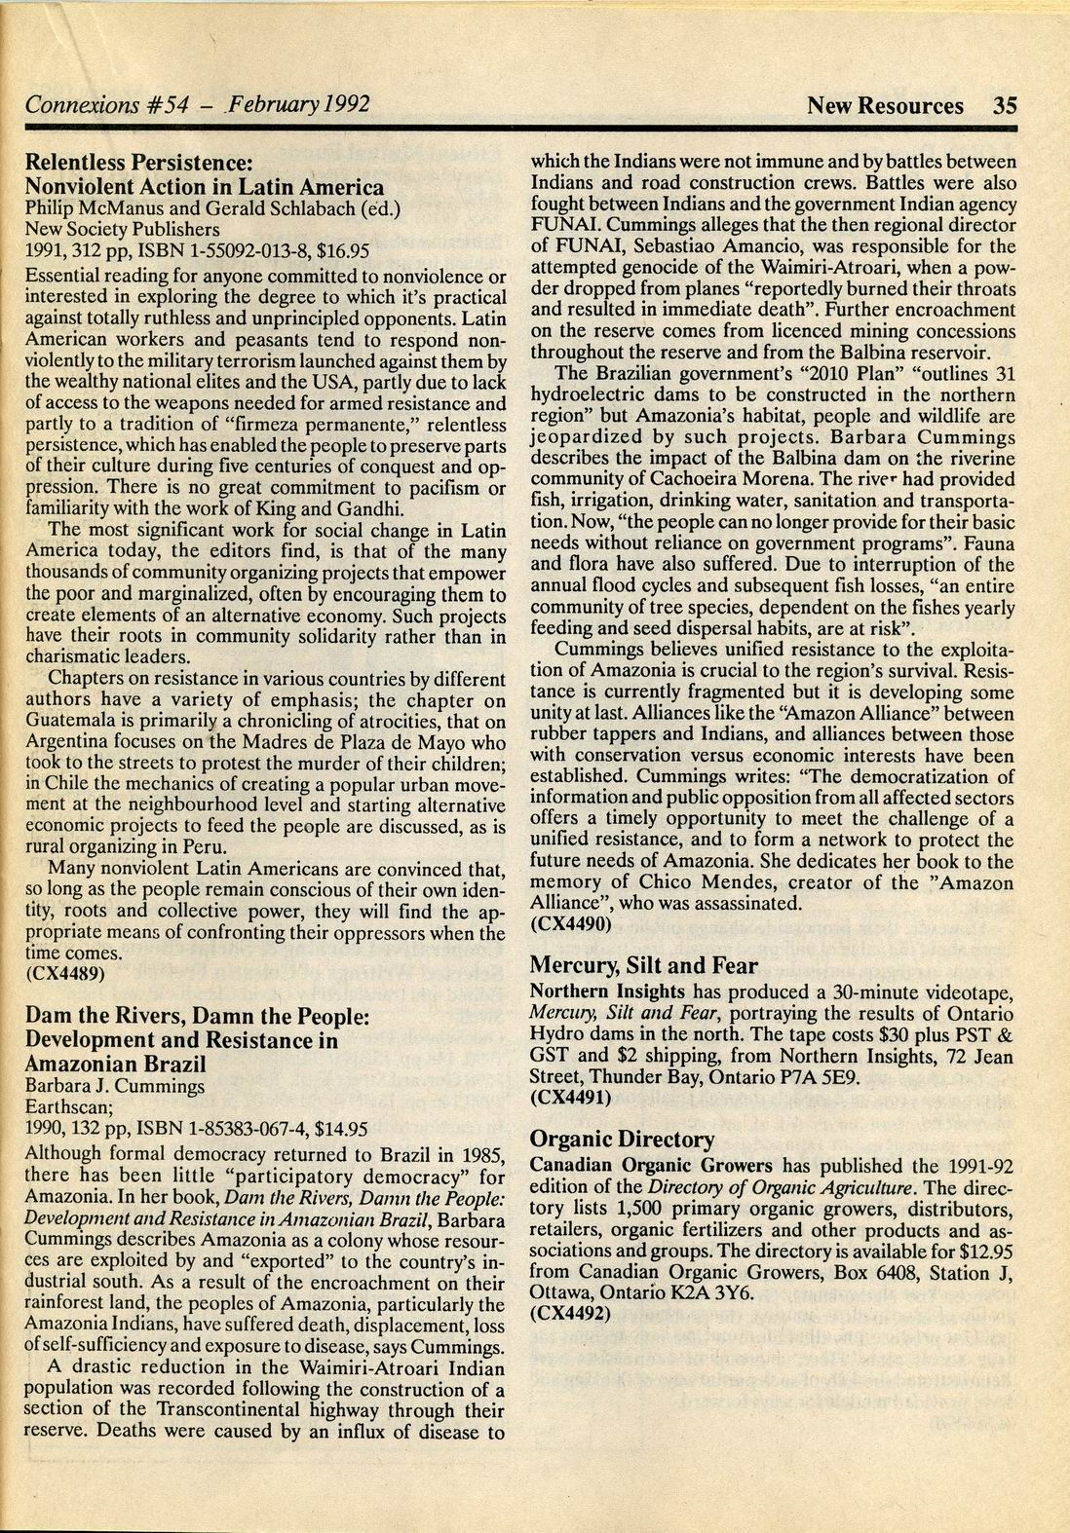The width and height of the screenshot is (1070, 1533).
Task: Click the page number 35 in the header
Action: pyautogui.click(x=1005, y=105)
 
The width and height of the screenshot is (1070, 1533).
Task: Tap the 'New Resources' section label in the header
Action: pyautogui.click(x=885, y=105)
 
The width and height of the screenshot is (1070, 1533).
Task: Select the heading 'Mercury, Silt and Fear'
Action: pyautogui.click(x=643, y=965)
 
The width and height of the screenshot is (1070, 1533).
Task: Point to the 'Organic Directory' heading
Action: pyautogui.click(x=622, y=1139)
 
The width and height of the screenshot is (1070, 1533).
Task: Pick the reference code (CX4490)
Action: pyautogui.click(x=570, y=924)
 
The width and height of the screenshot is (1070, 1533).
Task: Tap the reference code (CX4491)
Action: pyautogui.click(x=570, y=1097)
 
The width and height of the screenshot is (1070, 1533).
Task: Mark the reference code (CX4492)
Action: pyautogui.click(x=570, y=1312)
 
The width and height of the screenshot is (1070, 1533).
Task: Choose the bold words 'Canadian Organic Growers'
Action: pyautogui.click(x=651, y=1165)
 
